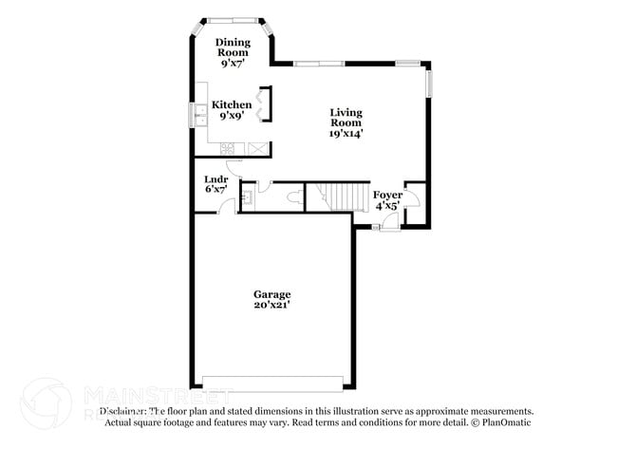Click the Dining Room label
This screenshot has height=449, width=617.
point(233,42)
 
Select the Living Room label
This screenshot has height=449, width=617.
point(346,117)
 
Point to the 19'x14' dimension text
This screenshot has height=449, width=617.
point(346,134)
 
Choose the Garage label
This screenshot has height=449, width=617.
point(271,294)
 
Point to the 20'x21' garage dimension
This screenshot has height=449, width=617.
point(271,305)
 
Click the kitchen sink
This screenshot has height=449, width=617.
point(201,116)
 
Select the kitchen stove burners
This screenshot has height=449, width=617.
point(228,149)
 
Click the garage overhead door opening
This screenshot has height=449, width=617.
point(272,383)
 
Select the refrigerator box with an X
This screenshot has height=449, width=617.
point(258,149)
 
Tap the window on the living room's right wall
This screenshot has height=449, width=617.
point(427,83)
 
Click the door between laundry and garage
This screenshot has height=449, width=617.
point(225,207)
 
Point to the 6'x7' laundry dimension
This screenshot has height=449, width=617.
point(215,189)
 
